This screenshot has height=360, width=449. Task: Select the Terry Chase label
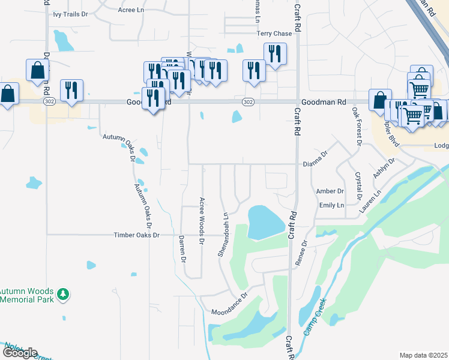click(273, 34)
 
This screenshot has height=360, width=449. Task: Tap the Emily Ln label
click(331, 205)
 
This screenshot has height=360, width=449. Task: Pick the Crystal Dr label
click(358, 185)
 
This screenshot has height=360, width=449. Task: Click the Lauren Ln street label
click(370, 202)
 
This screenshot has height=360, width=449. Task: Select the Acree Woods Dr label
click(202, 221)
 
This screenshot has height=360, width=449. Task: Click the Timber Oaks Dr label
click(137, 235)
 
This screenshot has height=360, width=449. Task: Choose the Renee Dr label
click(301, 253)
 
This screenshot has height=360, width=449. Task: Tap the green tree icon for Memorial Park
click(63, 294)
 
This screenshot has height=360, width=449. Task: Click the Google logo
click(19, 353)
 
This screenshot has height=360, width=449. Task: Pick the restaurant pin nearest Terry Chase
click(275, 55)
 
